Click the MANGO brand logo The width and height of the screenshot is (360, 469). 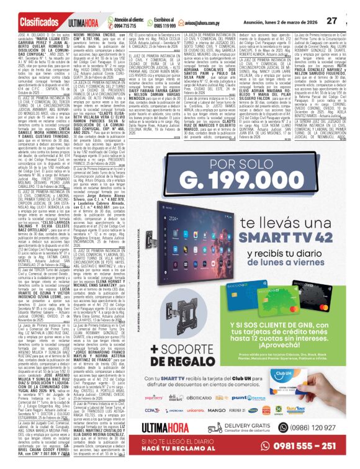click(x=283, y=428)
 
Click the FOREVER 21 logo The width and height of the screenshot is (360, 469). click(x=307, y=427)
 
